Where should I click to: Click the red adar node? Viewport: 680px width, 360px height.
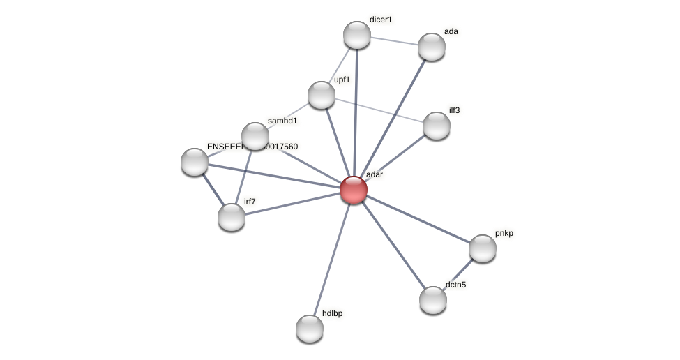[354, 189]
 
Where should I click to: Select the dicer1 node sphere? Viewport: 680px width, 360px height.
[357, 35]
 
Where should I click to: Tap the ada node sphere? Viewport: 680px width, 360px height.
[432, 47]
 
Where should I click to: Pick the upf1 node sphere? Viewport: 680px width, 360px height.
[322, 95]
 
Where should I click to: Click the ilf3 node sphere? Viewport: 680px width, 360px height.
[437, 126]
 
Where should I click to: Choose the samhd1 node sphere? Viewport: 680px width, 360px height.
[255, 136]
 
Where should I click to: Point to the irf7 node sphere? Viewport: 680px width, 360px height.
[232, 217]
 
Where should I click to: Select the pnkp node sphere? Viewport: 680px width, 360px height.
[483, 248]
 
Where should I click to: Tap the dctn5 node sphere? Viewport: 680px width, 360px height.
[433, 300]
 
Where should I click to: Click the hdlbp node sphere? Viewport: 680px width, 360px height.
[310, 329]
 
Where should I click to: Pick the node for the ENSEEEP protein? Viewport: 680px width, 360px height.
[195, 162]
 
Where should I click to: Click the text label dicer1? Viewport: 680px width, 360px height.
[381, 20]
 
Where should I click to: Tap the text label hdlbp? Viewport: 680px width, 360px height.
[332, 313]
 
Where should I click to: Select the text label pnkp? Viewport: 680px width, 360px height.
[504, 233]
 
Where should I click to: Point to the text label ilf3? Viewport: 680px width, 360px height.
[454, 110]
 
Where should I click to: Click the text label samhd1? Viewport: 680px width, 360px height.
[282, 121]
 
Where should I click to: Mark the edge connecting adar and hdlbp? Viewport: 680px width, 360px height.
[332, 258]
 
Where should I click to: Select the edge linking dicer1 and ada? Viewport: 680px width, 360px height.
[394, 40]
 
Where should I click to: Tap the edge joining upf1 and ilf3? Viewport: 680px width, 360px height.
[379, 110]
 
